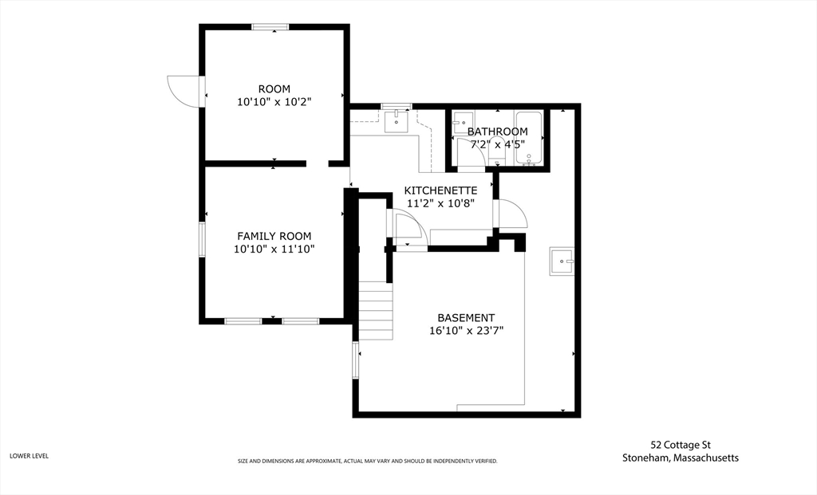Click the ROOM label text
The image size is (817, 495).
pyautogui.click(x=274, y=89)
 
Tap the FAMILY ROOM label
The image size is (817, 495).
pyautogui.click(x=274, y=236)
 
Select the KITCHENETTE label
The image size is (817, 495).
pyautogui.click(x=440, y=191)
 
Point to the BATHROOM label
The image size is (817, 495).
pyautogui.click(x=497, y=132)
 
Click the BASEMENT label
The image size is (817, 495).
pyautogui.click(x=466, y=317)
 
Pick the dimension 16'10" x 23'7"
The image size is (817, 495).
pyautogui.click(x=466, y=331)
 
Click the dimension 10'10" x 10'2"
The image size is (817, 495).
pyautogui.click(x=274, y=102)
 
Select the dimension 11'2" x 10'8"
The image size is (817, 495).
pyautogui.click(x=440, y=203)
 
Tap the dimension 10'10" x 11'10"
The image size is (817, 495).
pyautogui.click(x=274, y=249)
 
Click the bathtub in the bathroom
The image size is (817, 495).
pyautogui.click(x=529, y=137)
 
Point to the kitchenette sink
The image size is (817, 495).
pyautogui.click(x=397, y=121)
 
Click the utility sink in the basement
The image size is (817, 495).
pyautogui.click(x=562, y=261)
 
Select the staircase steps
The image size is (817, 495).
pyautogui.click(x=376, y=310)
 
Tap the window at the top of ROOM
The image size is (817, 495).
pyautogui.click(x=270, y=26)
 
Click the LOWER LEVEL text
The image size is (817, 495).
pyautogui.click(x=30, y=456)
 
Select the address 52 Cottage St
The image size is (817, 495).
pyautogui.click(x=681, y=445)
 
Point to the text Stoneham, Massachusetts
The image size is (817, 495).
pyautogui.click(x=681, y=458)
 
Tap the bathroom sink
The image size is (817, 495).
pyautogui.click(x=462, y=124)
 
